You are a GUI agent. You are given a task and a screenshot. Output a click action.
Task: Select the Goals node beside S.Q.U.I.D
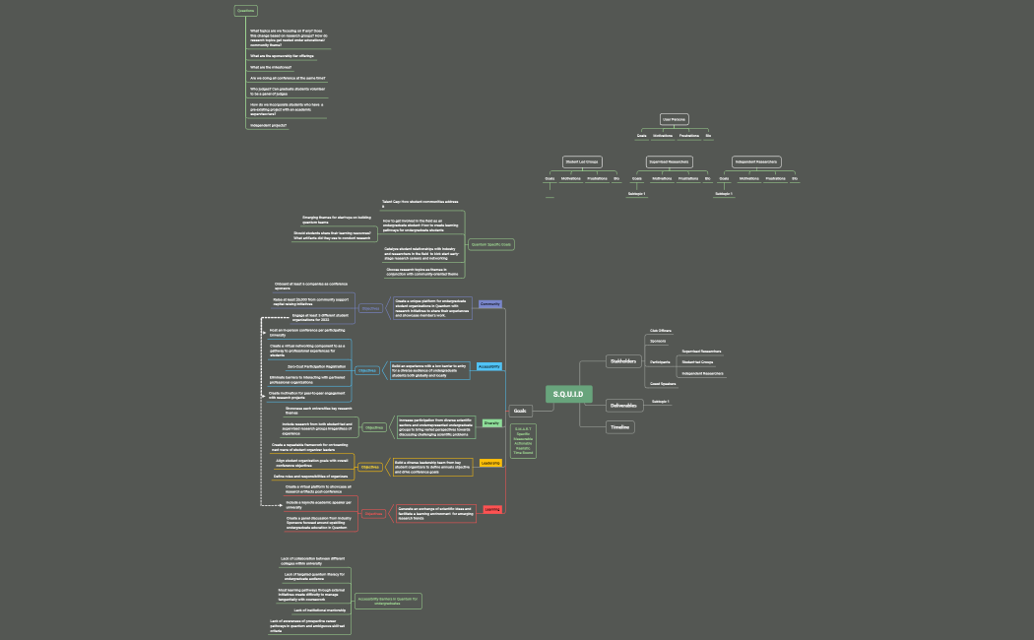(521, 411)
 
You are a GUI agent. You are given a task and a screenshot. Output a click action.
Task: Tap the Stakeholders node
(621, 361)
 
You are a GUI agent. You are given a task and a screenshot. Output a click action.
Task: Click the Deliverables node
(622, 406)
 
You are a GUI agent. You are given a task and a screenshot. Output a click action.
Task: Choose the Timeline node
(619, 427)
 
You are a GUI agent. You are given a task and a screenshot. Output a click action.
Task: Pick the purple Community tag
(490, 304)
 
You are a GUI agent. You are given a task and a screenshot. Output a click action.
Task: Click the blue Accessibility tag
(489, 366)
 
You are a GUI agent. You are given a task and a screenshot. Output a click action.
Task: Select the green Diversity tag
(491, 422)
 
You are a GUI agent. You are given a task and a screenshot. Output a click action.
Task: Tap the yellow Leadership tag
(490, 462)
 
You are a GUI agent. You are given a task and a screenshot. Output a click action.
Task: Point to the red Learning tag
(492, 509)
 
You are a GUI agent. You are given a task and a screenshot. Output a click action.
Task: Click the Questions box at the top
(245, 11)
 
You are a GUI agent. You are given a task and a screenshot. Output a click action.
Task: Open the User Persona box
(674, 119)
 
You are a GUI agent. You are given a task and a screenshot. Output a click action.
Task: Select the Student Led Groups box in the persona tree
(581, 161)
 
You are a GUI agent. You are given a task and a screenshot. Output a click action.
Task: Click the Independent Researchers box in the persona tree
(756, 161)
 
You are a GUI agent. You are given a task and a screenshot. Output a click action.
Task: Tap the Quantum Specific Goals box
(491, 244)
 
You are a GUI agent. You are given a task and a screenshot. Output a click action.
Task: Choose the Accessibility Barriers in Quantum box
(388, 601)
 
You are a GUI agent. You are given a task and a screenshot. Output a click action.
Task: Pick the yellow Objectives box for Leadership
(369, 467)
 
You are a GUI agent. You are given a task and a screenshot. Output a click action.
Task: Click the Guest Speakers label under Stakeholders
(663, 384)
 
